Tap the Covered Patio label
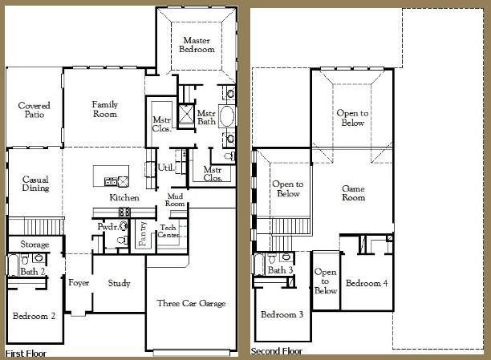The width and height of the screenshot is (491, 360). point(34,110)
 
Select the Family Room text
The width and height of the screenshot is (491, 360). point(104,109)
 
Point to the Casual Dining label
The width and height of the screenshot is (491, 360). point(35,184)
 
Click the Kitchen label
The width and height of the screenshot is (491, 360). point(124,197)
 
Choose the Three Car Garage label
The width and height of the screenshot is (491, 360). point(191,303)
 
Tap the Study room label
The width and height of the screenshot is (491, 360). point(119,283)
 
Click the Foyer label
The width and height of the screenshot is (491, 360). point(79,283)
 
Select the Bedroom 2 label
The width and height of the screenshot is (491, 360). point(34,315)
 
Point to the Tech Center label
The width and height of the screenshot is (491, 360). point(168,231)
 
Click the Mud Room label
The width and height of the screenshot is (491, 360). point(176,200)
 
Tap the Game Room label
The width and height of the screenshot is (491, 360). point(353,192)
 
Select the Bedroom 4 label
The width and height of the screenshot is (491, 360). point(367,283)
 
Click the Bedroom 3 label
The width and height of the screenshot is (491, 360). point(282,314)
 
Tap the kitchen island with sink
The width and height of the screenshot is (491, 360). point(112,176)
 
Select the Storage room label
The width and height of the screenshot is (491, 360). point(34,244)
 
